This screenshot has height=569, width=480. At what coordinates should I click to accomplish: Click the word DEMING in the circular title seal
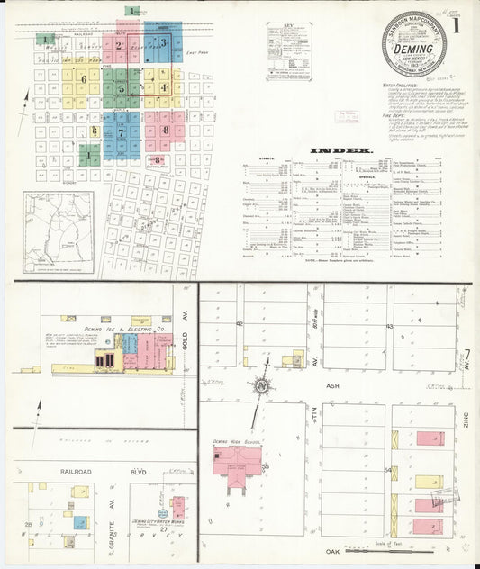point(413,50)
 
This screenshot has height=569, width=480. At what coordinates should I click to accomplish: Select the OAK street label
point(338,549)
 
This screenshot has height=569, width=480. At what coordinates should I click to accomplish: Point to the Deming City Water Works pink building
point(177,506)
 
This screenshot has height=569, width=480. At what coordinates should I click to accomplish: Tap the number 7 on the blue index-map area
point(121,132)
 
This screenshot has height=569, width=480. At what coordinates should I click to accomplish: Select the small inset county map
point(59,231)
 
